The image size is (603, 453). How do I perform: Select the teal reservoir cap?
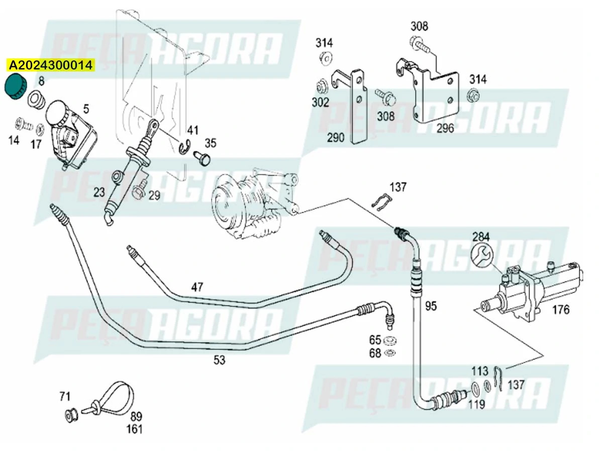[15, 88]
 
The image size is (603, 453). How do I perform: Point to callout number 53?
[219, 360]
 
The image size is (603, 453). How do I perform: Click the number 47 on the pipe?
[197, 287]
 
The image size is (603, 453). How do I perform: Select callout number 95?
[431, 306]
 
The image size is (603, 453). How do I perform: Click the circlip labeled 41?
[184, 146]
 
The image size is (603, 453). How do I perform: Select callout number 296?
[445, 128]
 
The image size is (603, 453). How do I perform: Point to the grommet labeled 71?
[71, 415]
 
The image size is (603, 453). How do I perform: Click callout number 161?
[134, 429]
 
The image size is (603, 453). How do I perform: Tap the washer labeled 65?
[389, 340]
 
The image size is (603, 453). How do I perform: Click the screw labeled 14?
[21, 122]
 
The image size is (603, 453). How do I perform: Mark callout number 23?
[98, 192]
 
